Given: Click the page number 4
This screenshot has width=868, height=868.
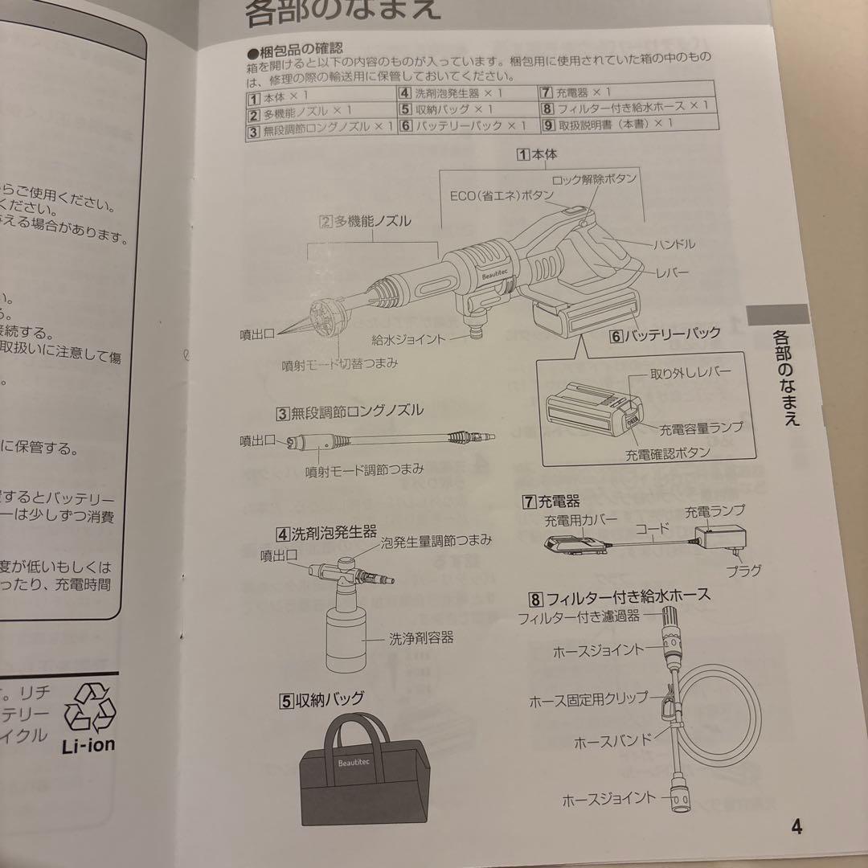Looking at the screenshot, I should click(796, 826).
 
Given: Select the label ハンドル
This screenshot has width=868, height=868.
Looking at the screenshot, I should click(674, 244).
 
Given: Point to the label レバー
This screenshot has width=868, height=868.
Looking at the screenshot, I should click(672, 272).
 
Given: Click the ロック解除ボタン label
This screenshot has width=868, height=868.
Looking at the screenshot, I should click(595, 178).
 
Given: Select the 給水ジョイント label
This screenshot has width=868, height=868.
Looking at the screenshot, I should click(408, 339).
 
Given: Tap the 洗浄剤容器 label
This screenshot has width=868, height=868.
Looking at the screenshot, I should click(421, 638).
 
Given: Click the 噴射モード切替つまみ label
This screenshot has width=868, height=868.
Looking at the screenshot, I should click(340, 364).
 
